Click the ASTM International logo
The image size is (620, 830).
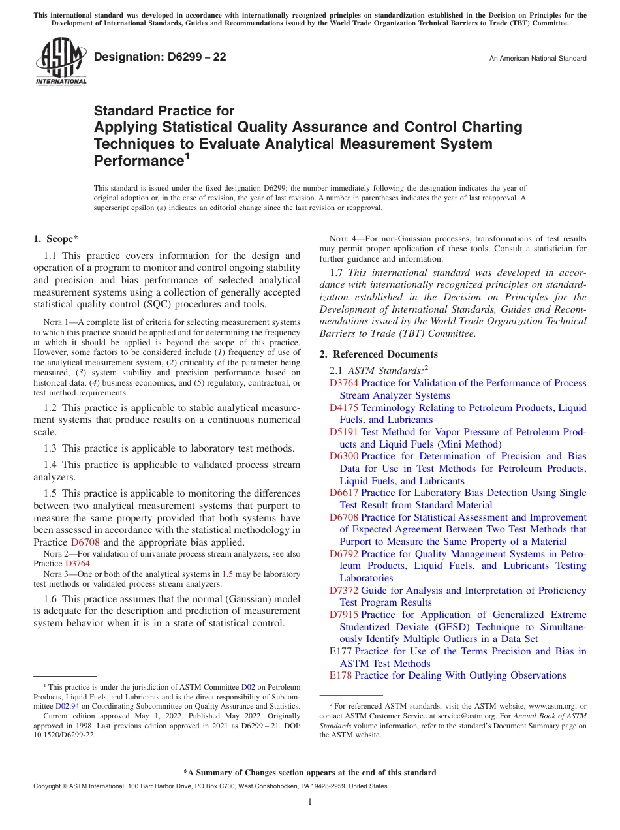[60, 61]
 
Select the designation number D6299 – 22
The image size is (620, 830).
[160, 57]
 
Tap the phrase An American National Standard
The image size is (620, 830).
[537, 59]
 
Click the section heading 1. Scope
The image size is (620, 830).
[56, 239]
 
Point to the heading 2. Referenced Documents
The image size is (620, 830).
[379, 354]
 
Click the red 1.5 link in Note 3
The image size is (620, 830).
[227, 574]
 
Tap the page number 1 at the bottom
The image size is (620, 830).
[310, 801]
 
